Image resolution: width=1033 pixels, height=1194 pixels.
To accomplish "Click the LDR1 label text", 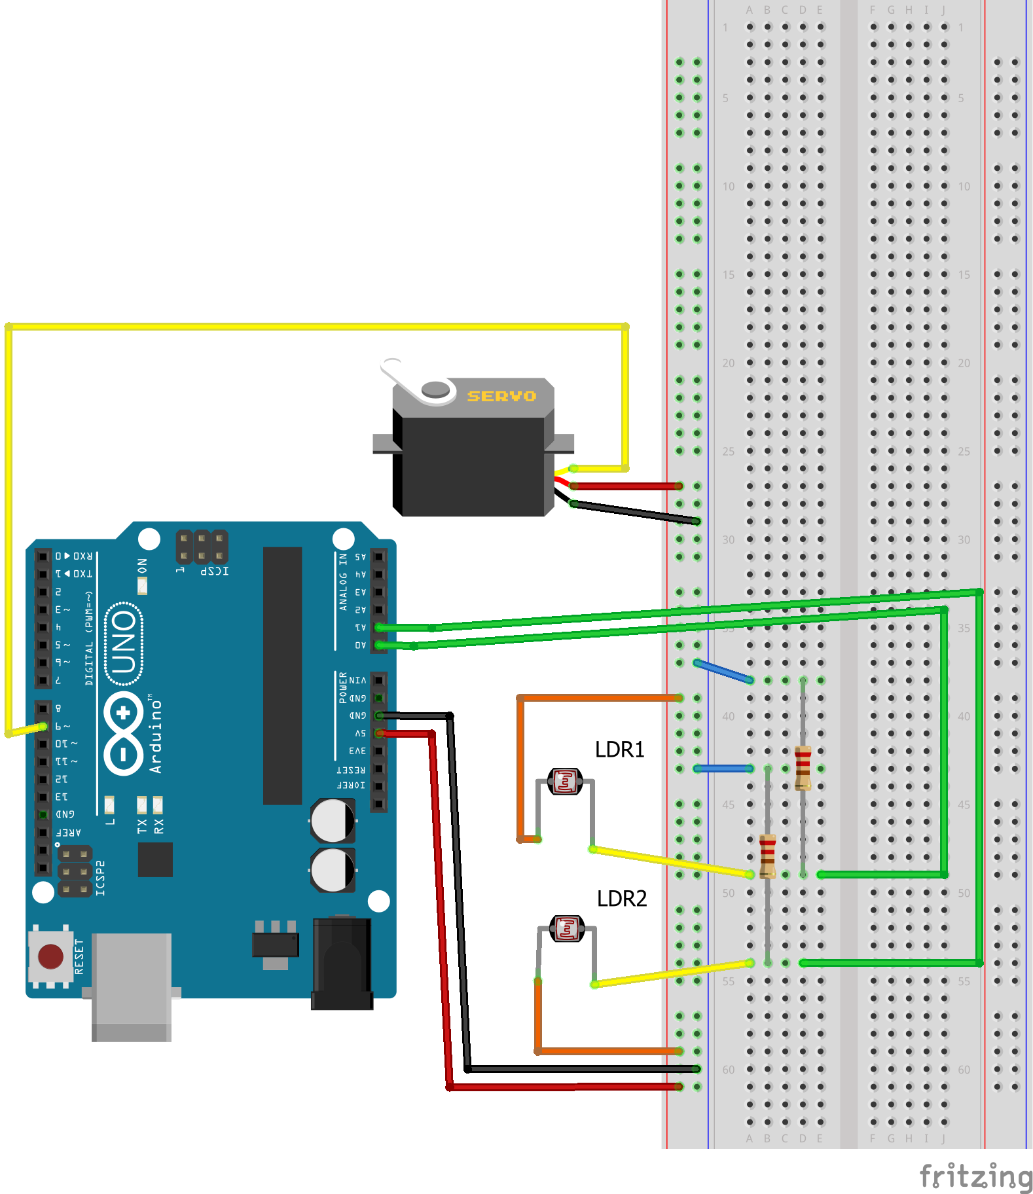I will point(619,750).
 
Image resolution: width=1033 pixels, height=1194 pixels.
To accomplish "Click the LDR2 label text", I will point(621,899).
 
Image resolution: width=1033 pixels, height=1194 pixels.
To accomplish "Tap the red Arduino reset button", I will point(50,956).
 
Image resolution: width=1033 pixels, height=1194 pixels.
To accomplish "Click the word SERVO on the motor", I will point(501,396).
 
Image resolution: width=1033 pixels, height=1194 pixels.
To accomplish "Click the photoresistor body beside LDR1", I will point(565,781).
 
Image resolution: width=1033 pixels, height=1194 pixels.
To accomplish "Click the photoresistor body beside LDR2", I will point(567,928).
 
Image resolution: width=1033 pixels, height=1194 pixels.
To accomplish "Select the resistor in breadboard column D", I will point(803,768).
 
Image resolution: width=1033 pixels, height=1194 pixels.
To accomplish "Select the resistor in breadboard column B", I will point(767,856).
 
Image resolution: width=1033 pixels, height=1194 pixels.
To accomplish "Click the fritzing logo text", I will point(975,1176).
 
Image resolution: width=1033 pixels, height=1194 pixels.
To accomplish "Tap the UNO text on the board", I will point(124,643).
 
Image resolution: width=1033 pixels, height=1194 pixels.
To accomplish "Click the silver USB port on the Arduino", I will point(131,985).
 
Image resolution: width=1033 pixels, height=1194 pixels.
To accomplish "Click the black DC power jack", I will point(342,962).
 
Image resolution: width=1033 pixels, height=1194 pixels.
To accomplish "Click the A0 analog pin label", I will point(360,645).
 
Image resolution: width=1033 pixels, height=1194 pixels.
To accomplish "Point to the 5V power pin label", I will point(360,734).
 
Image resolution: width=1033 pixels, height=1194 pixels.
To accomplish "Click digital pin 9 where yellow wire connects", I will point(43,727).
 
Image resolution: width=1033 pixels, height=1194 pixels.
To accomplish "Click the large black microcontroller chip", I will point(282,674).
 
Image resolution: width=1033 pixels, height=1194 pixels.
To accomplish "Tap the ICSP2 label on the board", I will point(100,878).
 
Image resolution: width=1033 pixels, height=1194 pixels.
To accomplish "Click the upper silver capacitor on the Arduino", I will point(333,821).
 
